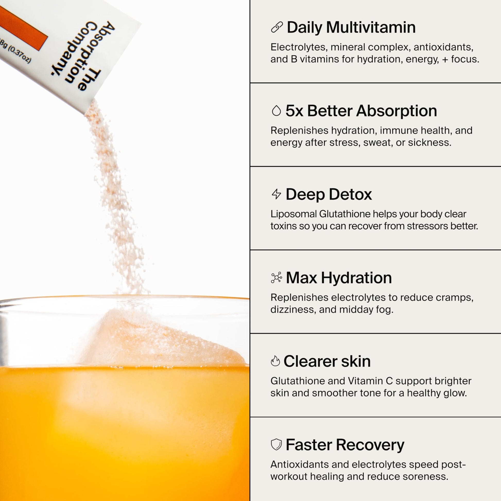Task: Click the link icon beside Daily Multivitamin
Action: coord(277,27)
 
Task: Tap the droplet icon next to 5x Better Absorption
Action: coord(277,111)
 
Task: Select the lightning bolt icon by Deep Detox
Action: coord(277,194)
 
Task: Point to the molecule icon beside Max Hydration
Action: coord(277,278)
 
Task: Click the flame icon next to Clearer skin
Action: coord(275,361)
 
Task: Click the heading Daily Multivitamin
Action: coord(351,28)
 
